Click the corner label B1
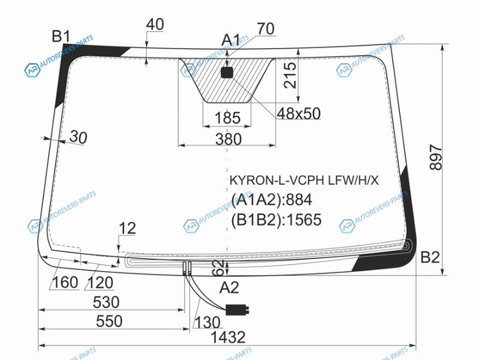(61, 36)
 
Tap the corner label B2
(430, 257)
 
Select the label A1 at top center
(231, 40)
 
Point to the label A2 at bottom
(229, 287)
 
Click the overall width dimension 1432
(228, 337)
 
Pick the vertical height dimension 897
(436, 157)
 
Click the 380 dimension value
(228, 139)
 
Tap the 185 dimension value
(228, 118)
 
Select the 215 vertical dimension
(290, 75)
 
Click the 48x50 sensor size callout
(299, 113)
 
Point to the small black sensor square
(227, 73)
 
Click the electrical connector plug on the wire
(237, 310)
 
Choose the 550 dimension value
(109, 321)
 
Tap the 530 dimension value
(106, 302)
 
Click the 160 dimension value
(65, 282)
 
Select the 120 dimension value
(101, 283)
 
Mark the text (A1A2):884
(272, 200)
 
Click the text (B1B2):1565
(276, 220)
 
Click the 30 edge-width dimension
(78, 137)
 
